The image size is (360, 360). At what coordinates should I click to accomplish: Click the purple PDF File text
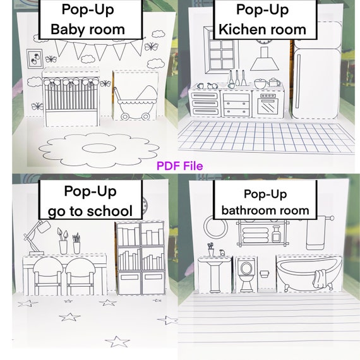click(x=180, y=166)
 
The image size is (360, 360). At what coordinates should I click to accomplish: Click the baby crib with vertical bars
click(x=70, y=101)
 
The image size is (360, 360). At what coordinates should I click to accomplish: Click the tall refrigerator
click(x=316, y=76)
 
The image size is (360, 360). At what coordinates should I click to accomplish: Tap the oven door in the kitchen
click(x=268, y=106)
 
